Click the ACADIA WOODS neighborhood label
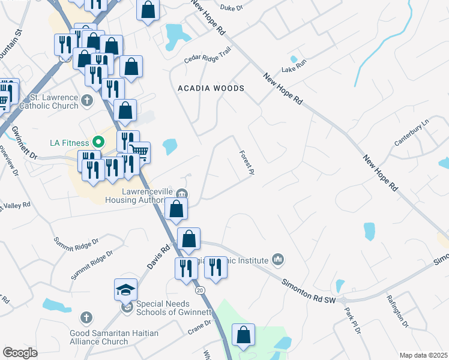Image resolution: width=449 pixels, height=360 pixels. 211,88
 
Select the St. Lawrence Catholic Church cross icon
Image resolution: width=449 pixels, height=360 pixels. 87,100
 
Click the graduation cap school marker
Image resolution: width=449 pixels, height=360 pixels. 126,290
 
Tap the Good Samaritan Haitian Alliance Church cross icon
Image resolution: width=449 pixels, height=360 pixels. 87,317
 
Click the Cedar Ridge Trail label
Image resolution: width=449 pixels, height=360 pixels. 207,55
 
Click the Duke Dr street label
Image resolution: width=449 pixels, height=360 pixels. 231,8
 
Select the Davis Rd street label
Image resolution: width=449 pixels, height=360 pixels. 157,257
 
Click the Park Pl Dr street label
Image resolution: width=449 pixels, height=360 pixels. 352,321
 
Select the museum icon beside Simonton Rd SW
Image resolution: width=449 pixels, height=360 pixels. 277,259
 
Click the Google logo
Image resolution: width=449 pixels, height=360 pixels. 20,353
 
